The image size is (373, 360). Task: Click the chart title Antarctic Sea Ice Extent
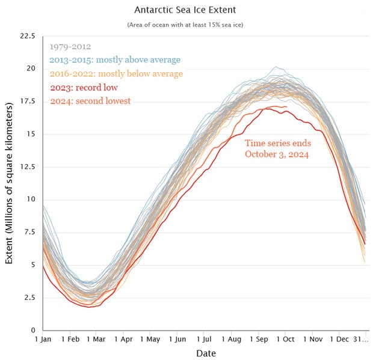click(185, 10)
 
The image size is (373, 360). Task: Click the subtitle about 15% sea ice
click(185, 25)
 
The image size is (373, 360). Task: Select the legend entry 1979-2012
click(70, 46)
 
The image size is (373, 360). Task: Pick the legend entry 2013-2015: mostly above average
click(115, 60)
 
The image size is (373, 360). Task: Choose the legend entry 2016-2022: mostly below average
click(116, 74)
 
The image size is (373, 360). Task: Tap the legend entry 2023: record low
click(84, 88)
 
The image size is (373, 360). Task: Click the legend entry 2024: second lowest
click(90, 101)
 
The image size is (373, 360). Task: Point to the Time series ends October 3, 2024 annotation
click(278, 148)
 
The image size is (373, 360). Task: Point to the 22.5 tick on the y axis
click(28, 36)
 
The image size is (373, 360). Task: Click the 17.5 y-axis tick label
click(28, 102)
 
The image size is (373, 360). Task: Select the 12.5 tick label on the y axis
click(28, 167)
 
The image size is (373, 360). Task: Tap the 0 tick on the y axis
click(33, 330)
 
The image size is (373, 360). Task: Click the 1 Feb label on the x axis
click(70, 339)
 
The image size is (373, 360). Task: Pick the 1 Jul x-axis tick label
click(204, 339)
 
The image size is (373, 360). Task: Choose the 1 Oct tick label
click(285, 339)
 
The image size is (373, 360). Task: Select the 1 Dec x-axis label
click(339, 339)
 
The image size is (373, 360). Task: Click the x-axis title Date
click(206, 353)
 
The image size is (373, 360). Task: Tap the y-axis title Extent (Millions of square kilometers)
click(9, 183)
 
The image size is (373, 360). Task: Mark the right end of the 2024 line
click(287, 107)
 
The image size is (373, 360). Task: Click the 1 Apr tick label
click(123, 339)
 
